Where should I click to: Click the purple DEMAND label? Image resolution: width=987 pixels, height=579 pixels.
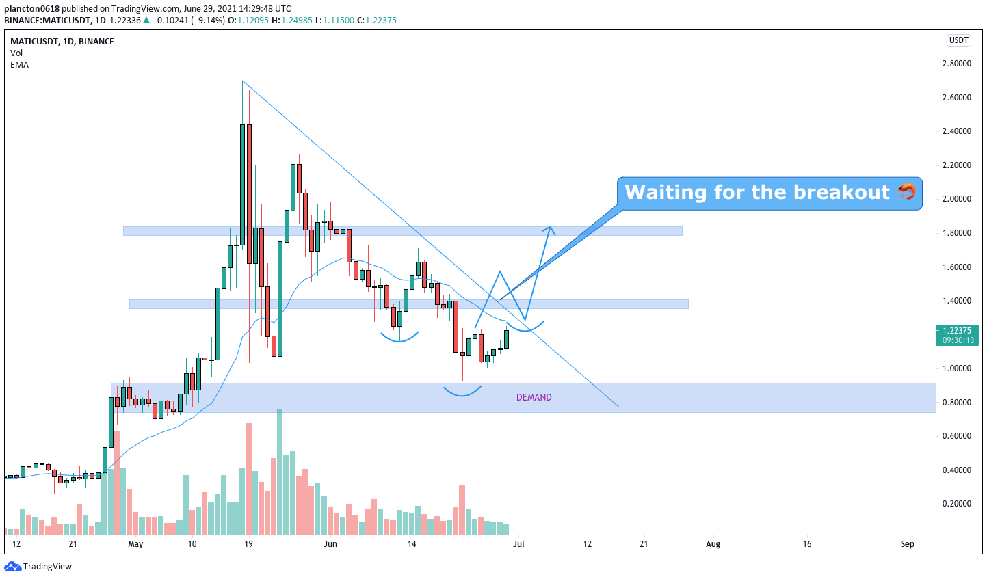tap(534, 397)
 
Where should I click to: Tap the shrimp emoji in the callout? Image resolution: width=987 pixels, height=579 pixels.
tap(906, 192)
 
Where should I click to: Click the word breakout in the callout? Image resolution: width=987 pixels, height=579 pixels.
tap(841, 192)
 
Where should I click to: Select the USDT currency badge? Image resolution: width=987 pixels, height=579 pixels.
tap(958, 40)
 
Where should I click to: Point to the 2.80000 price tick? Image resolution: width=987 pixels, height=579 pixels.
tap(957, 64)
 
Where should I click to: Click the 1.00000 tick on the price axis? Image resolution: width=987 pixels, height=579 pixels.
tap(957, 368)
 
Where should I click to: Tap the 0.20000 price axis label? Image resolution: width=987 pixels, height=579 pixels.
tap(957, 504)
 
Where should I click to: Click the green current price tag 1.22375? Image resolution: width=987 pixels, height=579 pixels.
tap(957, 335)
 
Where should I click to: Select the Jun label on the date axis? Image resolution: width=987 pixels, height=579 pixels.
tap(330, 543)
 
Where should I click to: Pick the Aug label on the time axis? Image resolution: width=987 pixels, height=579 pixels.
tap(713, 543)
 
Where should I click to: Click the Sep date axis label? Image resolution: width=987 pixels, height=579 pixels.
tap(907, 543)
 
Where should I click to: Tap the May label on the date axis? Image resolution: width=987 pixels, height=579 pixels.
tap(135, 543)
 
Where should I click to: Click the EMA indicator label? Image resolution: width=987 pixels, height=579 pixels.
tap(19, 65)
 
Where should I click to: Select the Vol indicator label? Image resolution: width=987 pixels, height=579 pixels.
tap(16, 53)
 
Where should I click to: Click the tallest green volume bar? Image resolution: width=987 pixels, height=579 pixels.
tap(279, 472)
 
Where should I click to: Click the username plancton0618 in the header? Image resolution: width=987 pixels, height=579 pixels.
tap(31, 8)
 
